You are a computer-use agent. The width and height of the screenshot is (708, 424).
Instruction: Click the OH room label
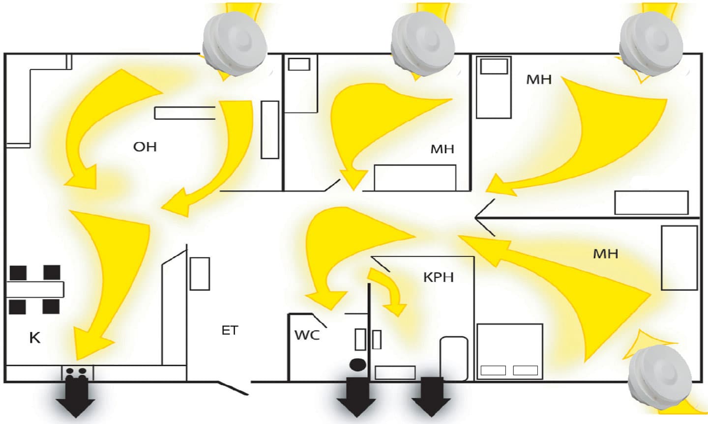point(145,146)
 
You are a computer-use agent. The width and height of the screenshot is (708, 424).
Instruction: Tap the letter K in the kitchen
point(34,338)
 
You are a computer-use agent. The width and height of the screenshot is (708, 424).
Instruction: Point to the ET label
point(230,330)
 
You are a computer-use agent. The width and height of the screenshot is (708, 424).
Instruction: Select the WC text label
point(307,335)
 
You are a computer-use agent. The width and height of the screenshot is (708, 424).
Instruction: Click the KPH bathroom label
point(438,278)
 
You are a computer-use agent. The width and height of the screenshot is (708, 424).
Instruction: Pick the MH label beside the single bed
point(539,79)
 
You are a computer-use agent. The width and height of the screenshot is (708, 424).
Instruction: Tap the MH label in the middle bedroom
point(442,149)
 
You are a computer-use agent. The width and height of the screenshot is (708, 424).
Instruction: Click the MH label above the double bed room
point(605,254)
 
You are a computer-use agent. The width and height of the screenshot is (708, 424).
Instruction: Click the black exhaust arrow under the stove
point(75,399)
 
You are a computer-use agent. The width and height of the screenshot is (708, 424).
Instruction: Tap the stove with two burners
point(77,372)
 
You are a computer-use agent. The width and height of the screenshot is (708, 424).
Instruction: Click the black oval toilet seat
point(357,365)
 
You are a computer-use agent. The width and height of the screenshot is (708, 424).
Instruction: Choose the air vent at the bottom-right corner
point(660,373)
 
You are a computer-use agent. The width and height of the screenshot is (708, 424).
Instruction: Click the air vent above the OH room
point(235,44)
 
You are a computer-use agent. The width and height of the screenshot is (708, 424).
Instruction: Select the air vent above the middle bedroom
point(422,42)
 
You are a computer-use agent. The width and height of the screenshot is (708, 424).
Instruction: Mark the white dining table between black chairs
point(34,289)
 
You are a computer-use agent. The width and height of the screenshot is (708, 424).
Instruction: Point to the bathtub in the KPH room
point(453,358)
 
